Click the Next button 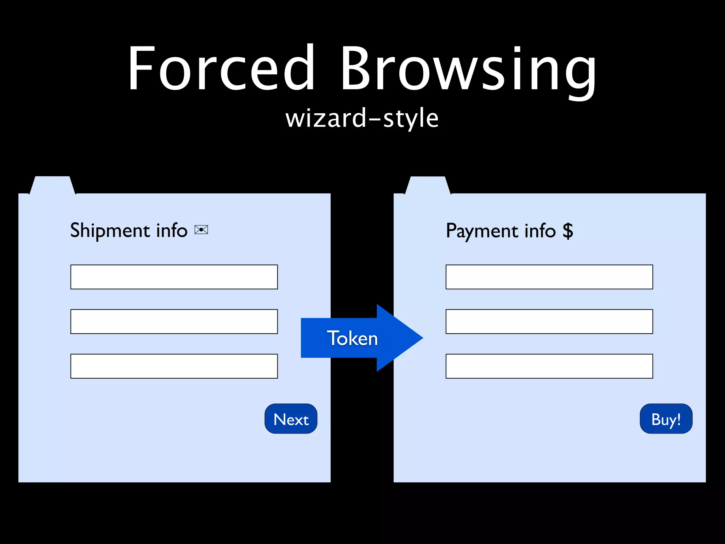pyautogui.click(x=291, y=419)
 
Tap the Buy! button pyautogui.click(x=666, y=419)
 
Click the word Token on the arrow pyautogui.click(x=352, y=338)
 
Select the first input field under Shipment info pyautogui.click(x=174, y=277)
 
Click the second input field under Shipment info pyautogui.click(x=174, y=322)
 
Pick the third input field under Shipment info pyautogui.click(x=174, y=366)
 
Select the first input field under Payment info pyautogui.click(x=549, y=277)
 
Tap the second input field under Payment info pyautogui.click(x=549, y=322)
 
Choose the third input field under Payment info pyautogui.click(x=549, y=366)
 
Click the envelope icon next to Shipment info pyautogui.click(x=201, y=230)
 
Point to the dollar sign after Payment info pyautogui.click(x=568, y=231)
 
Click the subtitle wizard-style pyautogui.click(x=362, y=118)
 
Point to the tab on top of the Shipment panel pyautogui.click(x=52, y=185)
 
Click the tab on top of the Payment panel pyautogui.click(x=428, y=185)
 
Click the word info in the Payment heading pyautogui.click(x=540, y=231)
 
